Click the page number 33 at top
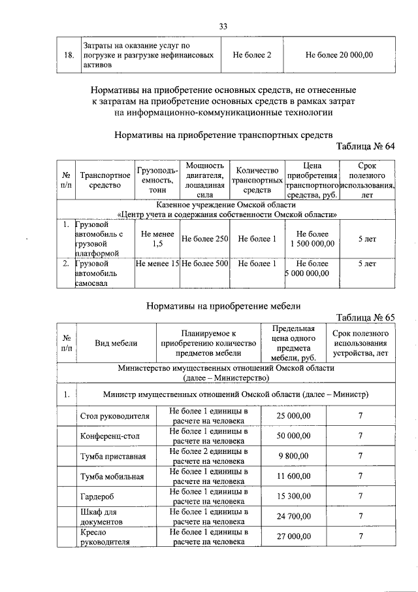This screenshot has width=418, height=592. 223,26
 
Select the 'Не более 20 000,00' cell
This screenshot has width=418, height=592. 339,55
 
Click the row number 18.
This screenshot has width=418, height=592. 68,55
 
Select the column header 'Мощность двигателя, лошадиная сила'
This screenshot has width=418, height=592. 204,180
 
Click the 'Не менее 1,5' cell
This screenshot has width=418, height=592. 157,239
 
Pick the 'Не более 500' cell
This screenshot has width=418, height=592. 204,264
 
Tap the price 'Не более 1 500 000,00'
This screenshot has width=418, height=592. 312,239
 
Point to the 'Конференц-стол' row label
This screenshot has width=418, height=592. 109,436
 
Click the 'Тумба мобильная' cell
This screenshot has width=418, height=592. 112,476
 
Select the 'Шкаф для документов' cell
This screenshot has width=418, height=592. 103,517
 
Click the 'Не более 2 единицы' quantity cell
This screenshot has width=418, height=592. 208,456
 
